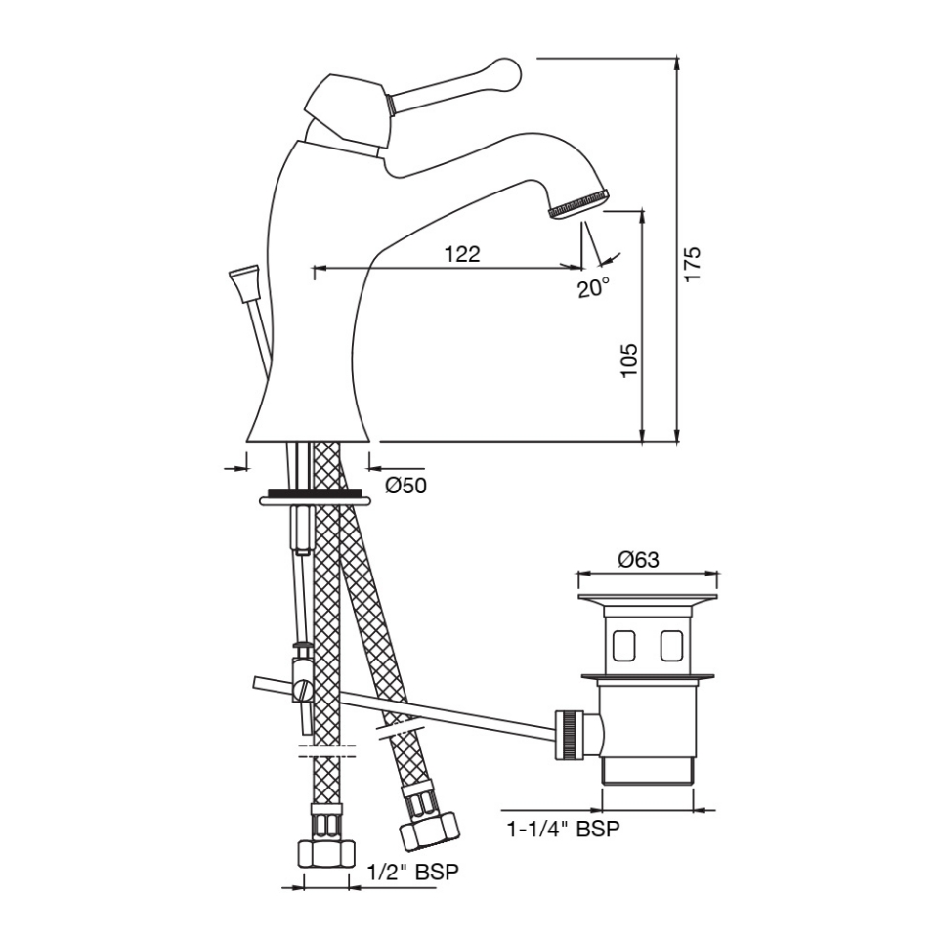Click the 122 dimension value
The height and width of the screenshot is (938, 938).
pos(462,254)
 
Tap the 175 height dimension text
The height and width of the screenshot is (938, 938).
pos(693,264)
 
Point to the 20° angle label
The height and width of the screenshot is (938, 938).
pos(592,288)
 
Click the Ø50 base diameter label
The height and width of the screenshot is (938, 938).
pos(405,486)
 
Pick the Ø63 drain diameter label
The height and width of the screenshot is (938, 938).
pos(638,560)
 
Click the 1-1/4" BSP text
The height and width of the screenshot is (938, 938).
pos(563,830)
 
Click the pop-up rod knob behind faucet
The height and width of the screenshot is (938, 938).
pos(241,279)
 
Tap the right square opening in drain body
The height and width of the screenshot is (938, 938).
pos(671,644)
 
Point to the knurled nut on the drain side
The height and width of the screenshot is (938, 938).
pos(566,735)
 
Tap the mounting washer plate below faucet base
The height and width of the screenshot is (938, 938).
pos(315,498)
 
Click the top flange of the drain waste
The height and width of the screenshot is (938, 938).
pos(648,597)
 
